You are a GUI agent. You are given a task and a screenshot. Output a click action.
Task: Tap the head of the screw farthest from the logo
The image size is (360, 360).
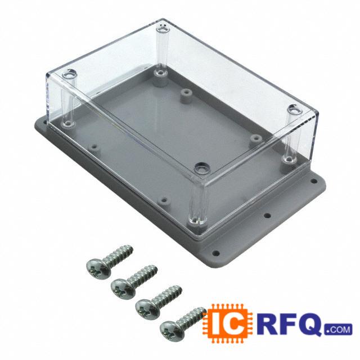[x=99, y=268]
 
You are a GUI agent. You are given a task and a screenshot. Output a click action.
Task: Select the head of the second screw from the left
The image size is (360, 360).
[x=124, y=289]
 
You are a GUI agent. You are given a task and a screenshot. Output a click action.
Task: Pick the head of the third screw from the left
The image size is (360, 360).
[x=148, y=309]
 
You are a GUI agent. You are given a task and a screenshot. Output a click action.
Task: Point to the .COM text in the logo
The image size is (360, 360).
[x=338, y=330]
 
